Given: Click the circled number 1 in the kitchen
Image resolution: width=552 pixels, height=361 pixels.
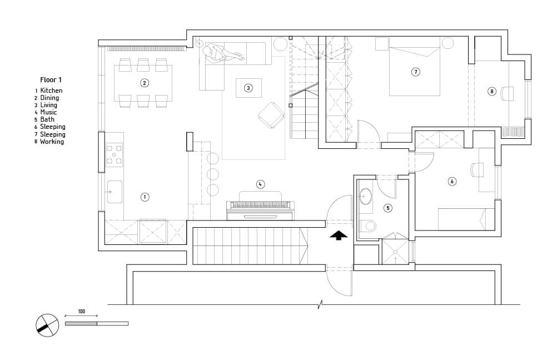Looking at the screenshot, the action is pos(145,197).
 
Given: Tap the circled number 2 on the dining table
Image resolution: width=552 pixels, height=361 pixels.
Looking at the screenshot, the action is pos(145,83).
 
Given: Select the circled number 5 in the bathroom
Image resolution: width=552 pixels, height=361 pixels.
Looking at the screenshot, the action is pos(388,208).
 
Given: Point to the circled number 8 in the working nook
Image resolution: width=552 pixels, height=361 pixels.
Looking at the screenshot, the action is pos(492,92).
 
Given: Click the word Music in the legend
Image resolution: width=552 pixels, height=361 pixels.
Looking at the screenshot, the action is pos(48,112).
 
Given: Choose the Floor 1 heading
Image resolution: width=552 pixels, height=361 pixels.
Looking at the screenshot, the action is pos(51,80).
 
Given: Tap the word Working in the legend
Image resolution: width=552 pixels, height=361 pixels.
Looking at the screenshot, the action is pos(52,142).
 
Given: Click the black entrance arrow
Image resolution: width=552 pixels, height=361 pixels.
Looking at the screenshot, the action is pos(339,235).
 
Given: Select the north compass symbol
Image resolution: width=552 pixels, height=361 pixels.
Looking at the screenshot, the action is pos(47,325).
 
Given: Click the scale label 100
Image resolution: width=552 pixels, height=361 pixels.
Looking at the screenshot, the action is pos(82,312).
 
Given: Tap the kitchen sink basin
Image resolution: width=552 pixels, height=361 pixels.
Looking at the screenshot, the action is pos(115,192).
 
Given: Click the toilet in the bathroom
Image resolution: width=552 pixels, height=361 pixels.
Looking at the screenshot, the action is pos(368,225).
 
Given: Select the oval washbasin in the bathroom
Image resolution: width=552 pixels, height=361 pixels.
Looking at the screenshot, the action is pos(365,197).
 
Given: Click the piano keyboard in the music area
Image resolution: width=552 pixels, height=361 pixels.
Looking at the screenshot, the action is pos(260,205).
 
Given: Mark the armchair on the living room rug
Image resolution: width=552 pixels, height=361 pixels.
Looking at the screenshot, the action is pos(271,115).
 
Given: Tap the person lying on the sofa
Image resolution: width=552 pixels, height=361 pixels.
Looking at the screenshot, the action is pos(222,52).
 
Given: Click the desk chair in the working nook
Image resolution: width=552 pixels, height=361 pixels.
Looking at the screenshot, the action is pos(508,94).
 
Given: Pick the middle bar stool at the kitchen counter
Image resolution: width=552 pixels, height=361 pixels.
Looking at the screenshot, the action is pos(213,174).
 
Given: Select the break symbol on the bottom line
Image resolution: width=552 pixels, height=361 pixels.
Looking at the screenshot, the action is pos(320,304).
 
